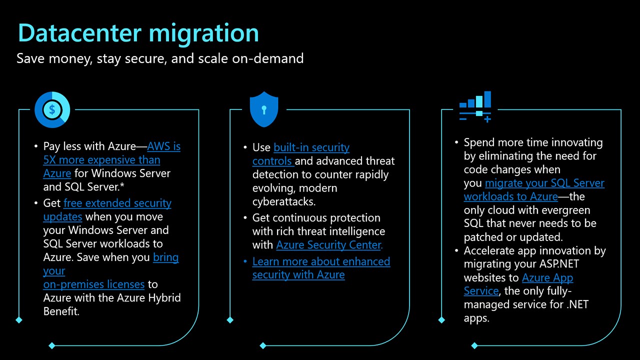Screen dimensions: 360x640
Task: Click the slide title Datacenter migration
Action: tap(138, 33)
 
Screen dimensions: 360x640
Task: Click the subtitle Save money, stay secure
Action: tap(160, 58)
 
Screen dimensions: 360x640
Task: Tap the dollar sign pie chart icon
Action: tap(52, 109)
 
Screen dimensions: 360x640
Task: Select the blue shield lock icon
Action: tap(263, 109)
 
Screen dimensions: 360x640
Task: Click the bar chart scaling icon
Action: tap(475, 106)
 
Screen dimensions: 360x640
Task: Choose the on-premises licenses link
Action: tap(93, 284)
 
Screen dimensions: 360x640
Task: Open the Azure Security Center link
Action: tap(329, 245)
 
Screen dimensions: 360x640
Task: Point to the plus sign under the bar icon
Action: tap(487, 119)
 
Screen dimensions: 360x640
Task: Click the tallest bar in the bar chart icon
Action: tap(487, 99)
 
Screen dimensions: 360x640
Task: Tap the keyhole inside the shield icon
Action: tap(263, 109)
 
